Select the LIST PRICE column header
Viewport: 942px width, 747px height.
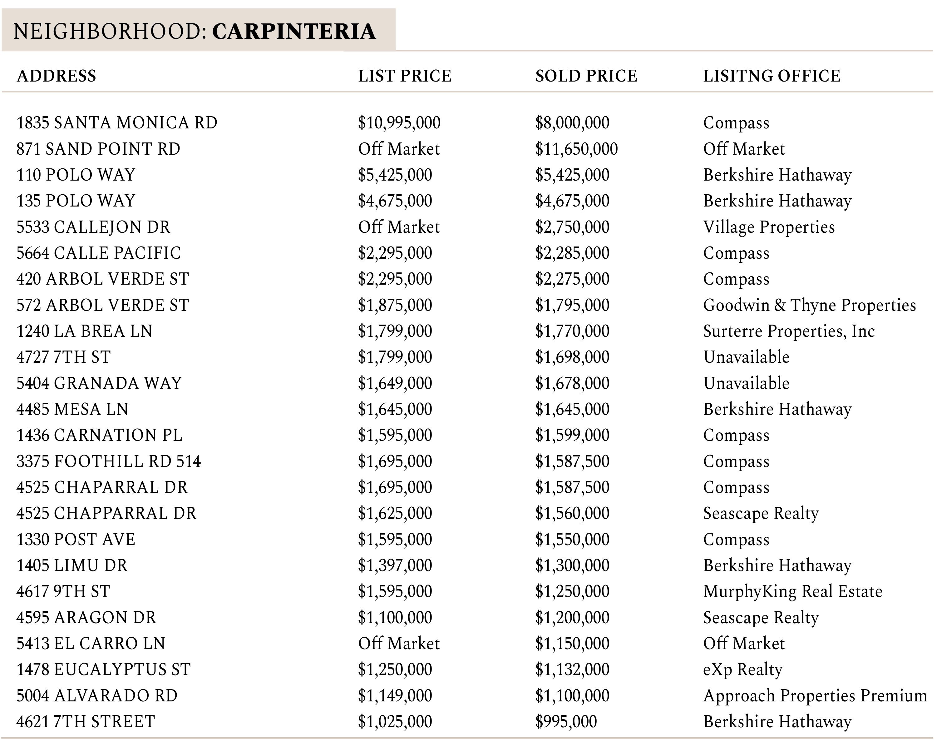(x=405, y=76)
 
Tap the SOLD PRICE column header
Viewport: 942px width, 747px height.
(x=586, y=76)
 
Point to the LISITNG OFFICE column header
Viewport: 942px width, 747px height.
(x=772, y=76)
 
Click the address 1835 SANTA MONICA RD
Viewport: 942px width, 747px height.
(x=117, y=123)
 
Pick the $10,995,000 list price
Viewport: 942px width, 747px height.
(x=399, y=123)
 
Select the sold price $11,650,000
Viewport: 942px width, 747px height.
(x=576, y=149)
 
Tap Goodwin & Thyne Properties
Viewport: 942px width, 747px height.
(x=809, y=305)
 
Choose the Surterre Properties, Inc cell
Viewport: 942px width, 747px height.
(x=789, y=331)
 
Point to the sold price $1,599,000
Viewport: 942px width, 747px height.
(x=572, y=435)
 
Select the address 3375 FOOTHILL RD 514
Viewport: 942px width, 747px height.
(x=108, y=461)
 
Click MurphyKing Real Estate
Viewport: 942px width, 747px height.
(x=792, y=591)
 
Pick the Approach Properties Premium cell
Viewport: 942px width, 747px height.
(x=815, y=696)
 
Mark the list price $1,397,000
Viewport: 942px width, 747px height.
(x=395, y=565)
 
